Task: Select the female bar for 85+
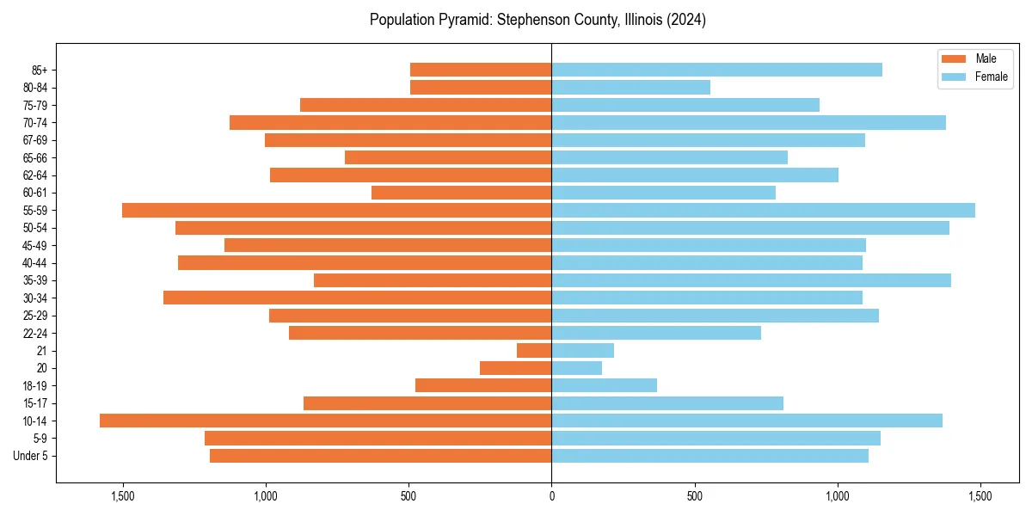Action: click(x=716, y=70)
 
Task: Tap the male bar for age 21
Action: click(x=534, y=350)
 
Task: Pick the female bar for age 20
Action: click(x=576, y=368)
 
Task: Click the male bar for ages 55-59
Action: click(x=336, y=210)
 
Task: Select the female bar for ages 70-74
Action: click(x=748, y=122)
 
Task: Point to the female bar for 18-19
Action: click(x=604, y=385)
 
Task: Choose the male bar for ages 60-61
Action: click(x=461, y=193)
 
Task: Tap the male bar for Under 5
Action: click(x=380, y=456)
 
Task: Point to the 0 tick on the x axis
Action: click(x=551, y=496)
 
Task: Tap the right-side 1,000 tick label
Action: click(x=837, y=496)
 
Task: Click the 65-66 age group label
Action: click(x=35, y=157)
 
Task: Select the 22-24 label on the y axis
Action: click(x=35, y=333)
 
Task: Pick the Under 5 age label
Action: click(x=31, y=456)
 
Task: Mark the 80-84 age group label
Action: click(x=35, y=88)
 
